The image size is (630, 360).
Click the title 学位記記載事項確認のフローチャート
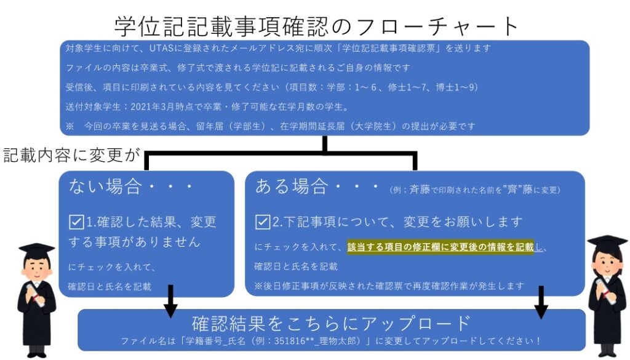(x=316, y=26)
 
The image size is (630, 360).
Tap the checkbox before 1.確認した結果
(x=76, y=222)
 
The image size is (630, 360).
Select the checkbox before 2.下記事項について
(x=263, y=222)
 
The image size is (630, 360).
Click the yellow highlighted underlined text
(x=441, y=247)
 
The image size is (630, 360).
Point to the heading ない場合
(x=105, y=186)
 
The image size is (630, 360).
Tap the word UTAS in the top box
(x=162, y=48)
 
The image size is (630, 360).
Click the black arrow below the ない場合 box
(x=170, y=302)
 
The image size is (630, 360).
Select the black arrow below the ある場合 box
(x=541, y=302)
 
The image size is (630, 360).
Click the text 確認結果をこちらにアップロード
(x=331, y=322)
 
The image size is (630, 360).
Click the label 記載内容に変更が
(x=71, y=155)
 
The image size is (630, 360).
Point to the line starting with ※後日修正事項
(x=389, y=286)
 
